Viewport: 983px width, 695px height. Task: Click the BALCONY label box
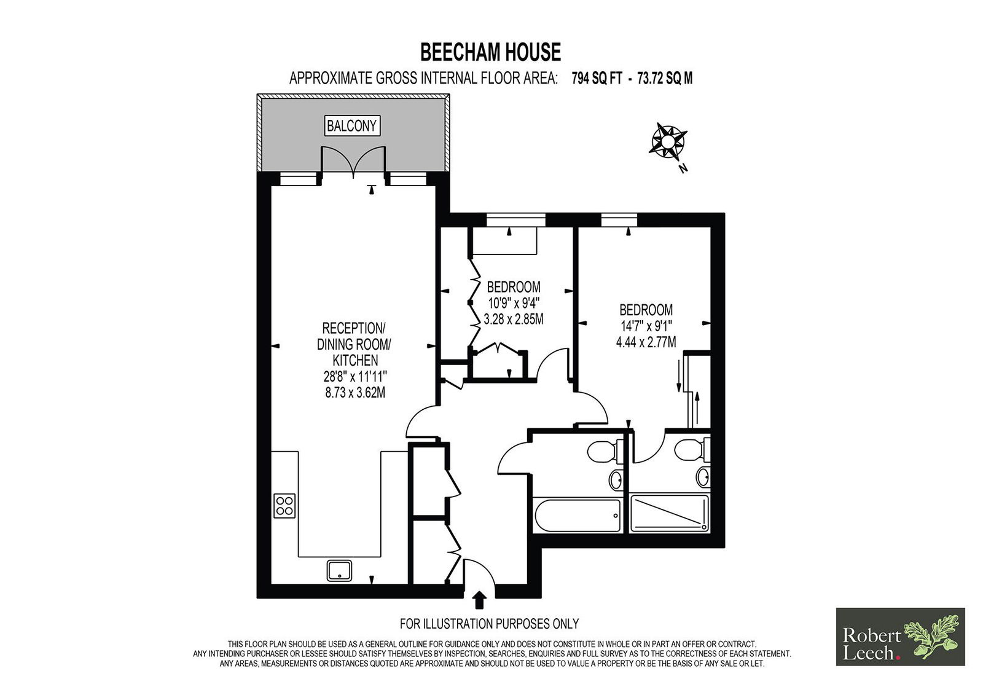point(352,126)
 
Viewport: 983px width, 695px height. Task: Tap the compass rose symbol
point(667,141)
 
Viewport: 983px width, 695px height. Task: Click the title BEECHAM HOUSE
point(491,52)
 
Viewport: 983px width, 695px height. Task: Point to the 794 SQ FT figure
point(597,79)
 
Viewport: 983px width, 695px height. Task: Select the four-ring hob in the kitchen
point(284,506)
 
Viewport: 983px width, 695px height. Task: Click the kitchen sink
point(339,570)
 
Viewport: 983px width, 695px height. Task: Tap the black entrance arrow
point(480,600)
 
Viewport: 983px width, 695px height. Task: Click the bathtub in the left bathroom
point(578,515)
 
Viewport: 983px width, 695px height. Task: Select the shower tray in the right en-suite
point(669,513)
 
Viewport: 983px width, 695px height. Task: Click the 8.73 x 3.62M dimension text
point(356,393)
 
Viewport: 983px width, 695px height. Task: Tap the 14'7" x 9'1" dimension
point(646,326)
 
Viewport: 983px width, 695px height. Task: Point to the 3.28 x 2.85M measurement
point(514,319)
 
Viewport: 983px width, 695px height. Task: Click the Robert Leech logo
point(901,637)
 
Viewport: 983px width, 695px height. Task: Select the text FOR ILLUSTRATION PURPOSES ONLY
point(489,624)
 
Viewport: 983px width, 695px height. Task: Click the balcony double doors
point(353,162)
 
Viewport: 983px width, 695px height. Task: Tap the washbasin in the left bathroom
point(616,479)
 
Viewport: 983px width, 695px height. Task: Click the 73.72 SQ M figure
point(665,79)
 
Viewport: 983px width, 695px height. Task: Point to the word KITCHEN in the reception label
point(355,361)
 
